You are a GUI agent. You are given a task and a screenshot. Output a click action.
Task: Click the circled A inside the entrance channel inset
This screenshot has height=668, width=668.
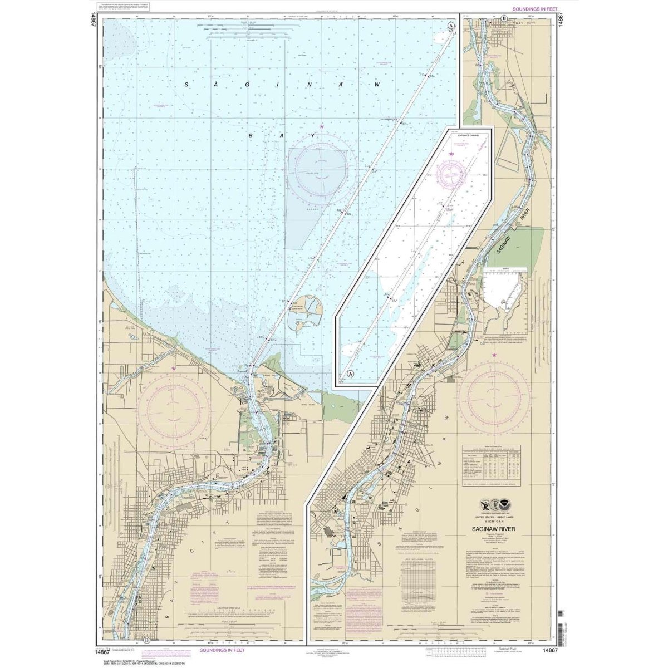click(x=350, y=374)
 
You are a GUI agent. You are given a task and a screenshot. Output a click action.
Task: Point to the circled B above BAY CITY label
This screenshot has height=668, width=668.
click(x=504, y=18)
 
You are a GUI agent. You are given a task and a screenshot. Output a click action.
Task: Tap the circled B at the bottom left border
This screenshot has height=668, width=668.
click(x=146, y=640)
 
